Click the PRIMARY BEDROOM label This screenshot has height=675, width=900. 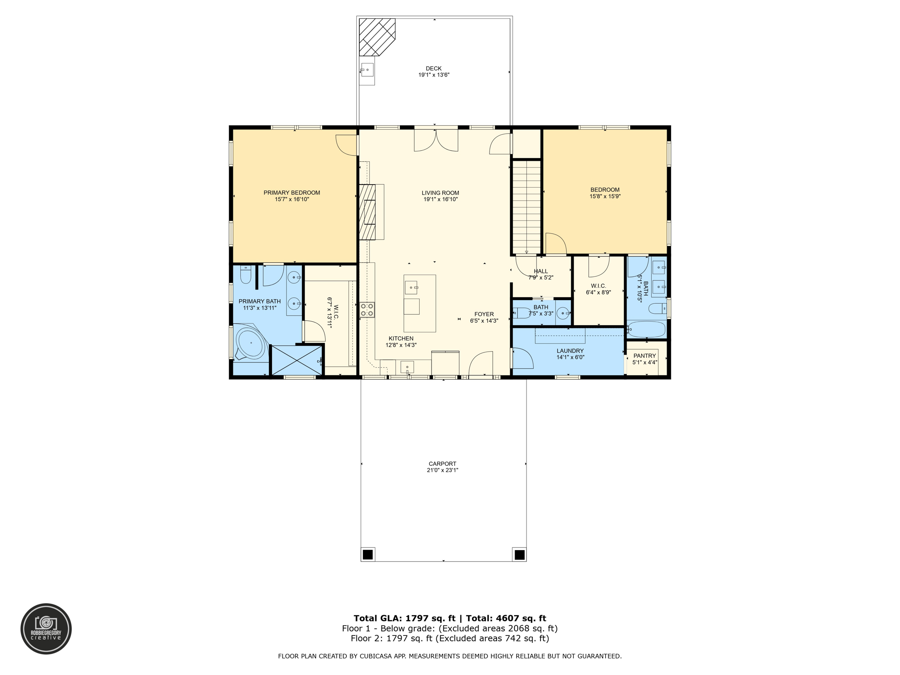click(x=292, y=192)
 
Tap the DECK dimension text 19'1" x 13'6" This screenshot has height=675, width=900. click(x=433, y=75)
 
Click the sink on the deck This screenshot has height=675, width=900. click(x=367, y=70)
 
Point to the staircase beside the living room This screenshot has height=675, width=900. click(x=526, y=207)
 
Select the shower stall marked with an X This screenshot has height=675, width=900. click(x=298, y=360)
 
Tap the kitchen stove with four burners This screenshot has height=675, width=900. click(x=367, y=310)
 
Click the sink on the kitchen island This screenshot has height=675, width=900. click(x=411, y=287)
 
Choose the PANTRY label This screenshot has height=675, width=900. click(x=645, y=356)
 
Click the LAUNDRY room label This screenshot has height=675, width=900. click(x=570, y=351)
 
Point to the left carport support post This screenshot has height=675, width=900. click(x=368, y=555)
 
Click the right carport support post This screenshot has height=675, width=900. click(x=519, y=555)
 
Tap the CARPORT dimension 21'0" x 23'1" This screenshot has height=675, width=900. click(x=443, y=470)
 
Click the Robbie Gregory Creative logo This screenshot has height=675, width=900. click(x=46, y=629)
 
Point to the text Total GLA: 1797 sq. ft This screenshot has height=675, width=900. click(x=404, y=618)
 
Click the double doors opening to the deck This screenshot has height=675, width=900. click(x=436, y=140)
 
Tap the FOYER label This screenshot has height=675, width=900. click(x=484, y=314)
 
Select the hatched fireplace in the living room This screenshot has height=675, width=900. click(x=367, y=212)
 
